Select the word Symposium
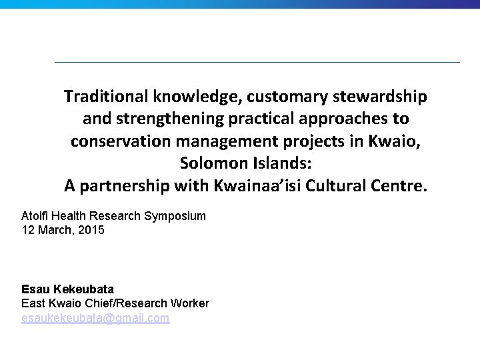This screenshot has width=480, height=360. click(x=175, y=216)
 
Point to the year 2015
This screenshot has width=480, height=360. click(x=91, y=230)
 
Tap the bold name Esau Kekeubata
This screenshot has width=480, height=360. click(x=67, y=289)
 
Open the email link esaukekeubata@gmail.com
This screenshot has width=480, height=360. click(x=95, y=319)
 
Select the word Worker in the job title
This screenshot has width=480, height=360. click(x=191, y=304)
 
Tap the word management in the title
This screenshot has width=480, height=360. click(x=235, y=142)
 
